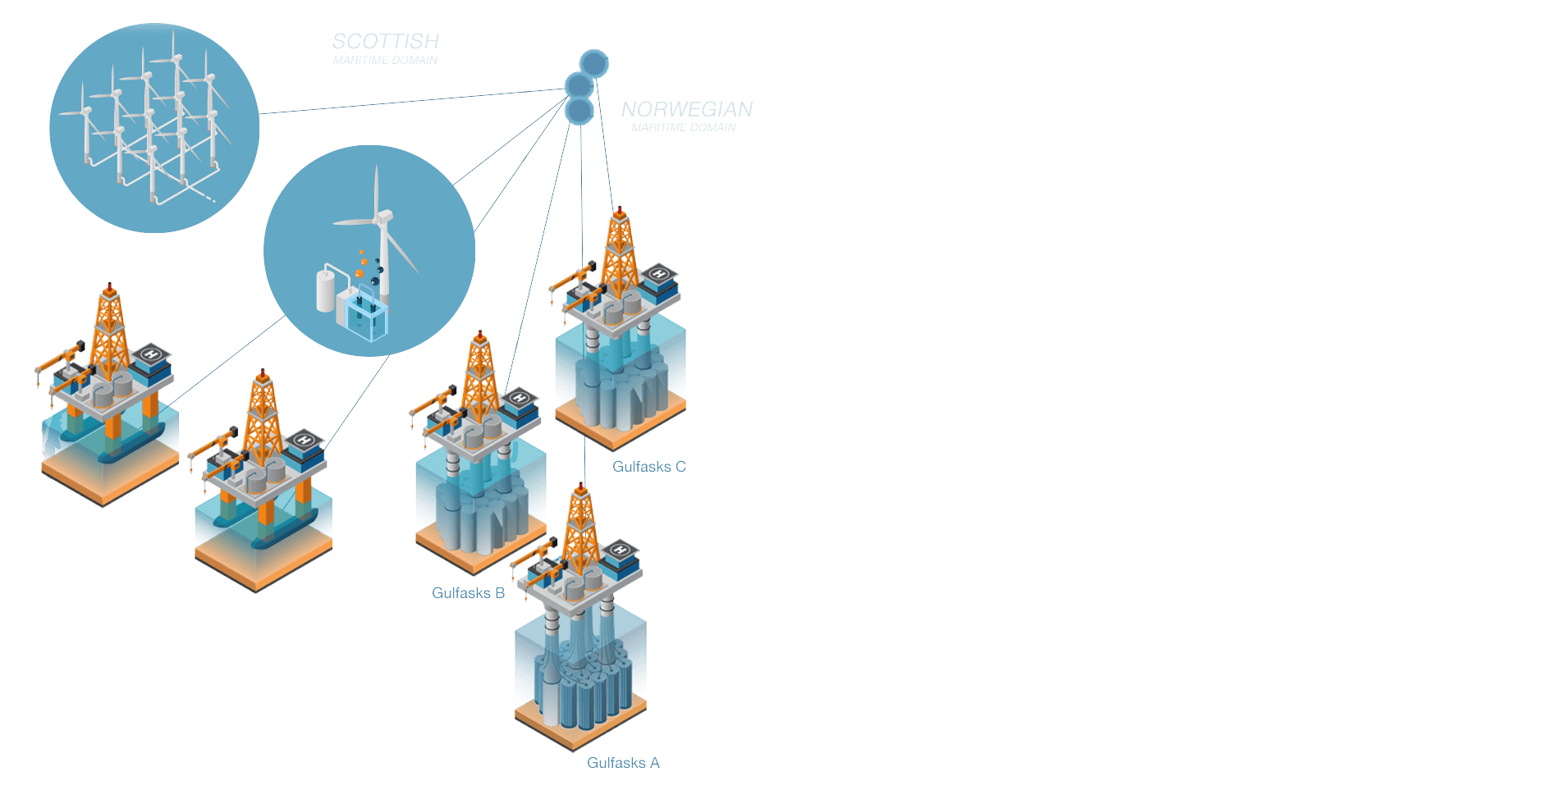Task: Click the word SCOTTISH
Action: pyautogui.click(x=385, y=41)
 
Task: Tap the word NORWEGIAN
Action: pyautogui.click(x=686, y=109)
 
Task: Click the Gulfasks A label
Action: pyautogui.click(x=623, y=763)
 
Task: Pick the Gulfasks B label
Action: pyautogui.click(x=468, y=592)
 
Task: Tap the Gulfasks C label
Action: pyautogui.click(x=648, y=467)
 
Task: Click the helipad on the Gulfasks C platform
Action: pyautogui.click(x=659, y=274)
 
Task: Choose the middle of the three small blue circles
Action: pyautogui.click(x=579, y=85)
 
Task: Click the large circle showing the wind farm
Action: pyautogui.click(x=154, y=127)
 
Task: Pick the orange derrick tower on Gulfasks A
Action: pyautogui.click(x=581, y=529)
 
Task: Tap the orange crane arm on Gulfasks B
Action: pyautogui.click(x=432, y=402)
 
